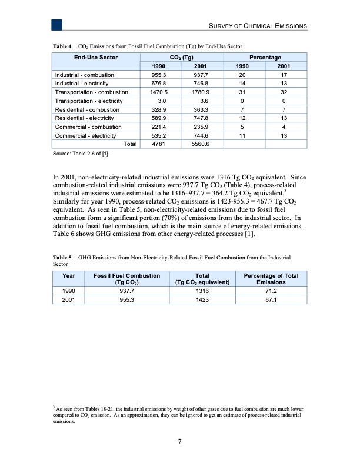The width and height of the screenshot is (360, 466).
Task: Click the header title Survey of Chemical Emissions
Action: click(x=255, y=26)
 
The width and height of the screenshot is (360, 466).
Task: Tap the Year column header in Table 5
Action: click(x=68, y=275)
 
